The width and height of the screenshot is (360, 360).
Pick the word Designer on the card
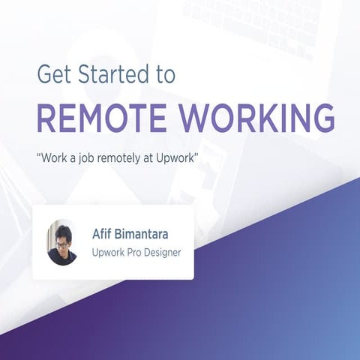click(161, 252)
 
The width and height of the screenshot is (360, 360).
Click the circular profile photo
click(62, 242)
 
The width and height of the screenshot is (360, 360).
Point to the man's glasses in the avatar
click(61, 244)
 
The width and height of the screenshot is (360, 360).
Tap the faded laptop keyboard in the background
click(255, 19)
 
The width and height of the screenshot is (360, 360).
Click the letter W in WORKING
click(191, 118)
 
